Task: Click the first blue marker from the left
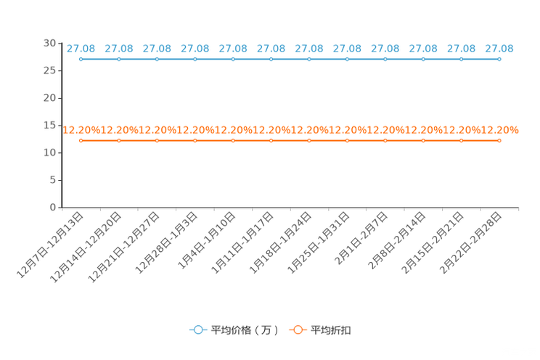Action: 81,60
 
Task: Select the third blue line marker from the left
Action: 157,60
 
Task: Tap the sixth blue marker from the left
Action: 271,60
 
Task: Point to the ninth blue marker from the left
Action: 385,60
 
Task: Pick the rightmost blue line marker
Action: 499,60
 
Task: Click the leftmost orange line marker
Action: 81,141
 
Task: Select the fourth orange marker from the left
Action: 195,141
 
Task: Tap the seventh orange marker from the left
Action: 309,141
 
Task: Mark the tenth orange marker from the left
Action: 423,141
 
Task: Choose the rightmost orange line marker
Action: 499,141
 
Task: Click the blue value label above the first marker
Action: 81,49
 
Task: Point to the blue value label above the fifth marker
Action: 233,49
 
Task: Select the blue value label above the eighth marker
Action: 347,49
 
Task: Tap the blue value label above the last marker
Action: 499,49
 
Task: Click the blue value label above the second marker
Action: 119,49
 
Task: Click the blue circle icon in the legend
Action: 198,330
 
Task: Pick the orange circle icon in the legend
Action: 298,330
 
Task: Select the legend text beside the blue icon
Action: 245,330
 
